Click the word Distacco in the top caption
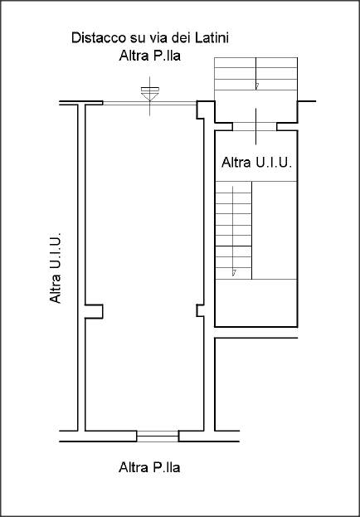coord(93,38)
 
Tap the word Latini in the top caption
coord(212,38)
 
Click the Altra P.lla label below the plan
coord(149,467)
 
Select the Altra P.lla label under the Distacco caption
coord(149,56)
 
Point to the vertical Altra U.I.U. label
coord(56,268)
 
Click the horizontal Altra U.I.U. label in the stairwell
coord(257,163)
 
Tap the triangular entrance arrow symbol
coord(150,95)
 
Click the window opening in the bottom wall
coord(158,437)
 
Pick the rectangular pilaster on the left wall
coord(94,311)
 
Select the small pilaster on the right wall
coord(200,310)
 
